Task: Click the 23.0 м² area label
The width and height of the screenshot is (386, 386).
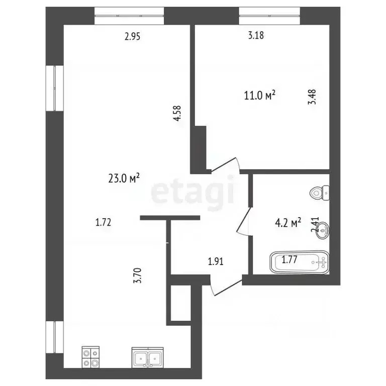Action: [x=124, y=177]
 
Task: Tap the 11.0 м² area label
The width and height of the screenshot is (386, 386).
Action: [x=260, y=95]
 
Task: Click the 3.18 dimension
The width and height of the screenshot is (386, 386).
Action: [x=256, y=36]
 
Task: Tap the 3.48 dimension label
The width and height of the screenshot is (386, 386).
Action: [x=313, y=96]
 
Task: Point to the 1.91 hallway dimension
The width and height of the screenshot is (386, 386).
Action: [x=216, y=261]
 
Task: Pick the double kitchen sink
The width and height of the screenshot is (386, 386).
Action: [x=148, y=357]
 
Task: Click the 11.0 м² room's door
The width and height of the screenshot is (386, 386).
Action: [x=225, y=165]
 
